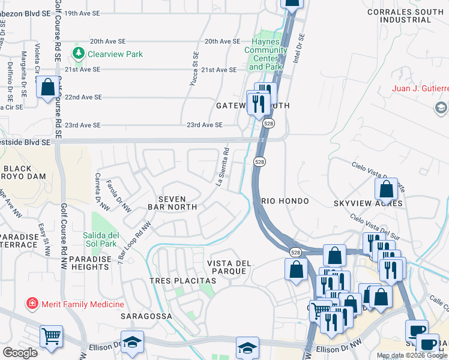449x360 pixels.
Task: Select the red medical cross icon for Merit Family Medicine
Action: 31,304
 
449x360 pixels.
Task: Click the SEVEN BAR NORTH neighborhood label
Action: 173,203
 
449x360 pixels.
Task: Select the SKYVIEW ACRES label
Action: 368,203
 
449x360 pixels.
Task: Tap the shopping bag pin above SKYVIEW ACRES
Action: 387,188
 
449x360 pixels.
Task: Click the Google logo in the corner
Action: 20,353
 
